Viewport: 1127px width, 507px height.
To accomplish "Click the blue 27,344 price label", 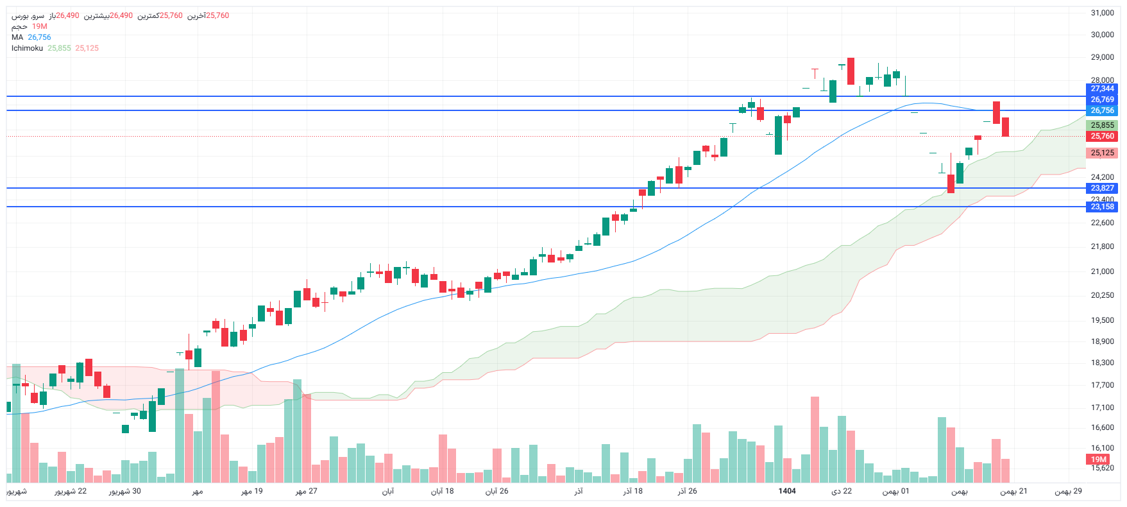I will [1102, 89].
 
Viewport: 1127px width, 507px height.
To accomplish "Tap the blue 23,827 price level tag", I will [1102, 188].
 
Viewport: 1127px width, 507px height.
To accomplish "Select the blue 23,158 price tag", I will [1102, 207].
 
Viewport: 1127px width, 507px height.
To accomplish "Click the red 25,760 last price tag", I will [1102, 136].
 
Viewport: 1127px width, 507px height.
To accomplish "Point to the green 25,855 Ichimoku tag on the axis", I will [1102, 125].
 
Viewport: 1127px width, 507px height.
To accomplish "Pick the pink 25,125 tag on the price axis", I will [1102, 153].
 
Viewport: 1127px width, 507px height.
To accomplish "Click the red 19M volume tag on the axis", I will [1099, 460].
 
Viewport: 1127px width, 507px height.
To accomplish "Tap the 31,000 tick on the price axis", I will [1102, 13].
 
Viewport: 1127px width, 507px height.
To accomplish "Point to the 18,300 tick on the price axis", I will [1102, 363].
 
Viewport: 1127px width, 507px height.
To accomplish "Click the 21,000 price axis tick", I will [1102, 271].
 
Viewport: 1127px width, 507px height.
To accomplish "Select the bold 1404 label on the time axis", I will [787, 491].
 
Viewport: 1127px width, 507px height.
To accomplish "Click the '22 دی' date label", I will [842, 491].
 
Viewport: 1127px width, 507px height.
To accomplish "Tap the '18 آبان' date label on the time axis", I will [442, 491].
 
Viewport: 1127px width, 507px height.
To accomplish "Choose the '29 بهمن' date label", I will [1069, 491].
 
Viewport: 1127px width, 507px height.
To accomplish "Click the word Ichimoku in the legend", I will [27, 48].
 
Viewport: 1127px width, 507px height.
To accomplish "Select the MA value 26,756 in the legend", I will [39, 37].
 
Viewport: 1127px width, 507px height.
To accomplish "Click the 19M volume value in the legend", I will [40, 26].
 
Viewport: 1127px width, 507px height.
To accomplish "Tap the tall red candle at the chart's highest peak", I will [851, 71].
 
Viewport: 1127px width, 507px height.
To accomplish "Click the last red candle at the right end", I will [1005, 126].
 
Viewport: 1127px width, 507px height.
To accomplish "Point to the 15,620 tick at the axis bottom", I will [1102, 468].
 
